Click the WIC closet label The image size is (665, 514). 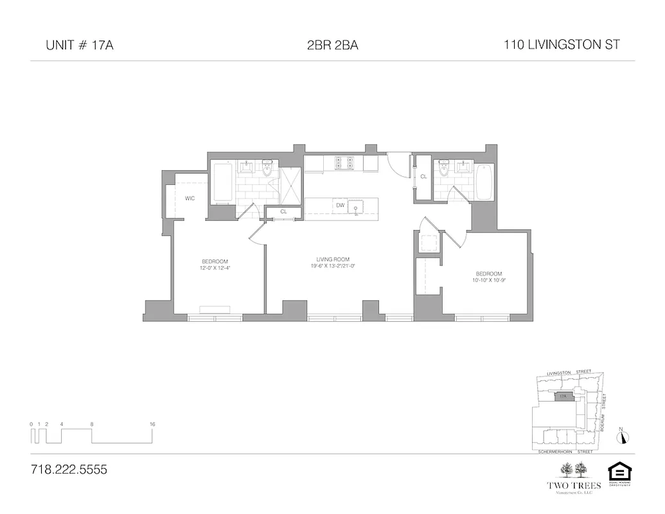pos(190,199)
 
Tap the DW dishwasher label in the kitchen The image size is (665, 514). pos(341,206)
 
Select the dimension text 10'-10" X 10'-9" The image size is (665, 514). pos(485,279)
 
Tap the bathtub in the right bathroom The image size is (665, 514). pos(484,182)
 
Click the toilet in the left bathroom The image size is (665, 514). pos(268,168)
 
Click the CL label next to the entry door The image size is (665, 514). pos(423,177)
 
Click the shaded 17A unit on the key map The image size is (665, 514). pos(563,397)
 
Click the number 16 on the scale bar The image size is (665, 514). pos(152,424)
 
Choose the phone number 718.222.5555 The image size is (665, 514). pos(69,470)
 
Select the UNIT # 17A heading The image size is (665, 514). pos(80,46)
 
